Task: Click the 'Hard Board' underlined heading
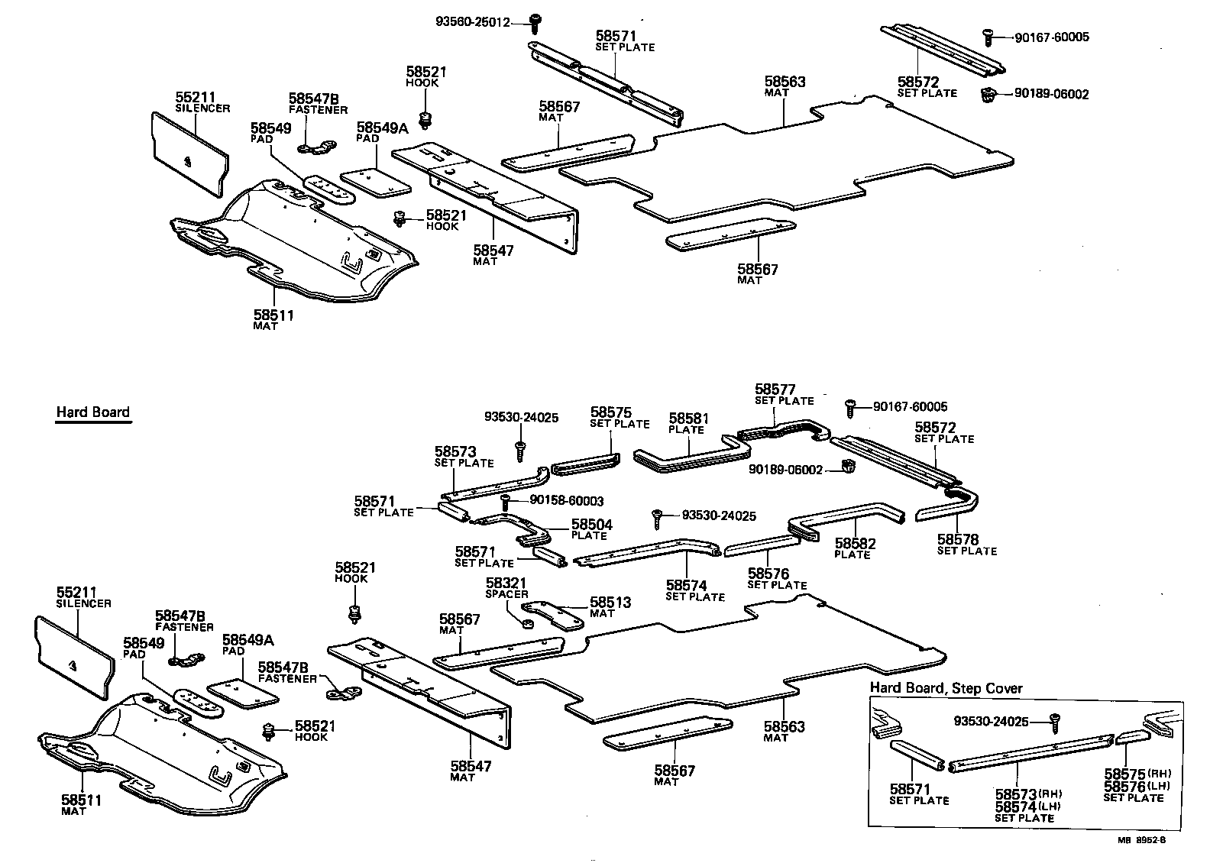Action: point(92,412)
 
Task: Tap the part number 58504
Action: point(592,525)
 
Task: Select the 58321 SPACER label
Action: point(506,588)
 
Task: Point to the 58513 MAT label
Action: point(610,606)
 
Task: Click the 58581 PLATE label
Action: point(688,423)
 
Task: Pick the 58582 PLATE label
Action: point(855,548)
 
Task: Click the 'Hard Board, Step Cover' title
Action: point(946,688)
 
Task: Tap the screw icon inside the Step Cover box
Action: point(1055,720)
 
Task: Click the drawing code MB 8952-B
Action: point(1142,840)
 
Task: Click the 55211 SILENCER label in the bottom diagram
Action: point(83,596)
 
